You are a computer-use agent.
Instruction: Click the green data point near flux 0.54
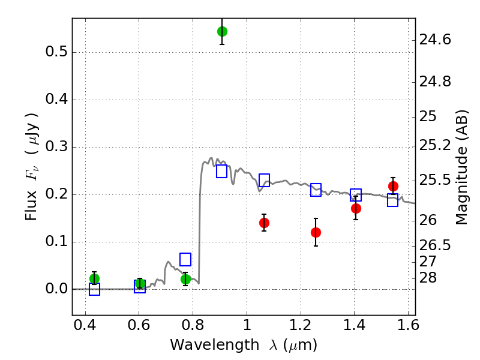click(x=222, y=31)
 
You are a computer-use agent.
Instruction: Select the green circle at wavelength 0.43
click(x=94, y=278)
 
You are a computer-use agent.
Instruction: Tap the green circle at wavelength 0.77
click(x=185, y=279)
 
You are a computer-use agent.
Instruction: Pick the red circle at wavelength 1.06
click(x=264, y=223)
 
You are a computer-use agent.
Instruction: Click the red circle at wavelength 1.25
click(x=316, y=233)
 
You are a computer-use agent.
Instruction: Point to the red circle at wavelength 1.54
click(x=393, y=186)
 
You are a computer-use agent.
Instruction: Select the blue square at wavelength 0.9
click(x=221, y=172)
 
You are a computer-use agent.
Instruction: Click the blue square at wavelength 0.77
click(x=185, y=260)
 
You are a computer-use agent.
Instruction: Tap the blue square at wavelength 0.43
click(x=94, y=289)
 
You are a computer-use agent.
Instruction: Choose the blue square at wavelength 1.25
click(x=316, y=190)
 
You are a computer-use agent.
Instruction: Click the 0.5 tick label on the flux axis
click(x=56, y=52)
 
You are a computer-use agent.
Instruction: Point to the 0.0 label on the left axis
click(x=56, y=289)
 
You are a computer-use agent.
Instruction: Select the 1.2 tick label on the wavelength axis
click(x=301, y=325)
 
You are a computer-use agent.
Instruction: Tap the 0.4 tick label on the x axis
click(x=85, y=325)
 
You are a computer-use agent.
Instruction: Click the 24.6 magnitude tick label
click(x=435, y=40)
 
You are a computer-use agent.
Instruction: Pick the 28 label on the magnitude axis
click(x=428, y=278)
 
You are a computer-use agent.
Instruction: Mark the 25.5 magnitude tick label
click(x=435, y=181)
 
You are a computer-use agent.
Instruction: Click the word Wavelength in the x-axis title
click(x=215, y=345)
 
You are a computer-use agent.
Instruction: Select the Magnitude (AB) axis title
click(x=462, y=167)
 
